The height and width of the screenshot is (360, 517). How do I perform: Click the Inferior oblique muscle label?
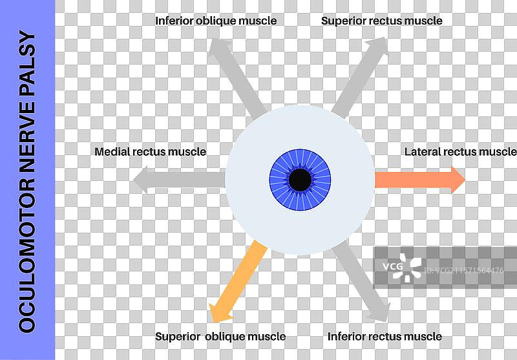pyautogui.click(x=216, y=21)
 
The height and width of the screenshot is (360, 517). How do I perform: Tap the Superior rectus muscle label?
pyautogui.click(x=382, y=21)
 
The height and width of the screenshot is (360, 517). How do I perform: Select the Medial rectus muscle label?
pyautogui.click(x=150, y=152)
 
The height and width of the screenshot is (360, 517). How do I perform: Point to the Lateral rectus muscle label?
pyautogui.click(x=460, y=152)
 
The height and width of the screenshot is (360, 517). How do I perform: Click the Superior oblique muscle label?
pyautogui.click(x=220, y=336)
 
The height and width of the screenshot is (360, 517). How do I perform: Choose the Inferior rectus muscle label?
pyautogui.click(x=385, y=336)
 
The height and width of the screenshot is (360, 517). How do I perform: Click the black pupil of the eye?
pyautogui.click(x=300, y=180)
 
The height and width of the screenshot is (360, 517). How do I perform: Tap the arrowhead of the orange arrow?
pyautogui.click(x=458, y=180)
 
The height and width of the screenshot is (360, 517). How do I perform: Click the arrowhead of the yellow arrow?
pyautogui.click(x=220, y=313)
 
